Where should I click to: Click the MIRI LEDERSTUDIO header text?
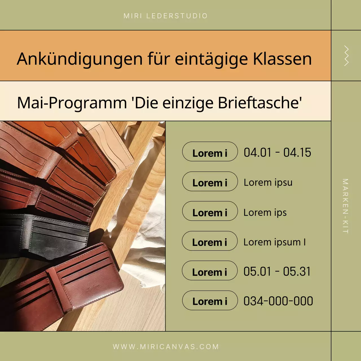(166, 16)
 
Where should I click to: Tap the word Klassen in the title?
(282, 59)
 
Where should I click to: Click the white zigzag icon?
(346, 56)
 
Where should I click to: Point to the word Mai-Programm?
(72, 103)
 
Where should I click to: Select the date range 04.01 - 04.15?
(277, 153)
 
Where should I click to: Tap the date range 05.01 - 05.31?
(277, 272)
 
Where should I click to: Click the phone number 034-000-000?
(278, 301)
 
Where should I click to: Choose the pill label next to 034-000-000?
(210, 301)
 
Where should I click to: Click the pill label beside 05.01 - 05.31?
(210, 271)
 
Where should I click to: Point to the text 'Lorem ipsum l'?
(274, 242)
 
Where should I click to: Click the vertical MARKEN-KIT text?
(345, 206)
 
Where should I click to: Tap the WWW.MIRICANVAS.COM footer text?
(166, 347)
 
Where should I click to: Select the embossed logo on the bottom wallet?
(93, 288)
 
